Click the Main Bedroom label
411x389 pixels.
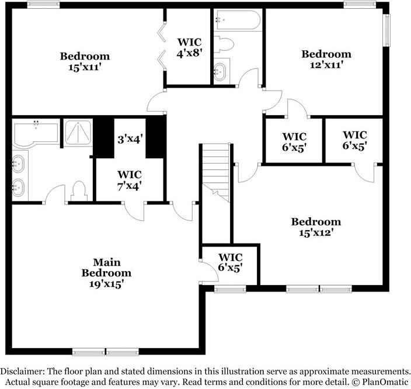pos(106,268)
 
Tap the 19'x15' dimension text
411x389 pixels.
pos(106,284)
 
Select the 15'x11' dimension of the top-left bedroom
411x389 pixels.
pos(85,67)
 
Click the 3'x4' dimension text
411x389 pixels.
pos(130,140)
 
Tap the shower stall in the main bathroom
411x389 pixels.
pos(77,133)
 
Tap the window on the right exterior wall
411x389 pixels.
pos(386,29)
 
